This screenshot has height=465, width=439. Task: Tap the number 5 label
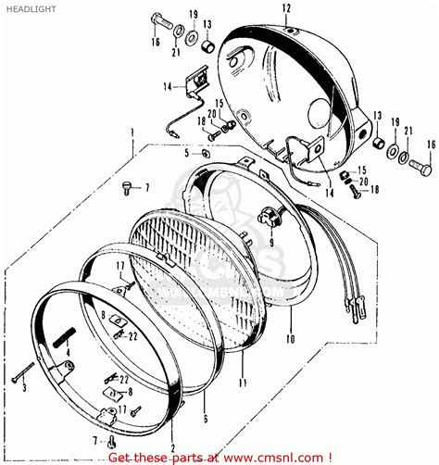pos(185,154)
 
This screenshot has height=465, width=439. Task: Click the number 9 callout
pos(271,245)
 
